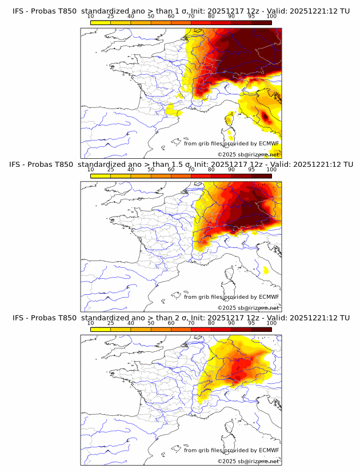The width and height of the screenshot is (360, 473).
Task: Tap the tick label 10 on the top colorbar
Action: pos(91,17)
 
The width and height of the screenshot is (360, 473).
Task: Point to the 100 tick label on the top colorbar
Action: pos(271,17)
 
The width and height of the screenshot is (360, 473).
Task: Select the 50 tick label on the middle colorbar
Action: pos(151,170)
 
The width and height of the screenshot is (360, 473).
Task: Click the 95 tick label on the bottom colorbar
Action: pos(251,323)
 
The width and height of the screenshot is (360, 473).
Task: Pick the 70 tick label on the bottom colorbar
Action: pos(191,323)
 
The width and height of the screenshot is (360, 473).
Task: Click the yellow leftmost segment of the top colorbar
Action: pos(101,22)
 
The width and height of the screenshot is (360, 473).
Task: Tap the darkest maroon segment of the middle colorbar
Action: pos(261,175)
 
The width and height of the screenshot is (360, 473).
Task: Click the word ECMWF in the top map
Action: pos(269,144)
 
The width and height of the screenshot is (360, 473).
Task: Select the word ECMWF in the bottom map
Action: pos(269,450)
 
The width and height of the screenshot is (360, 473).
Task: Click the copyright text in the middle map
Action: pos(249,307)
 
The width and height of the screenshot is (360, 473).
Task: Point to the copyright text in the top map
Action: pos(249,155)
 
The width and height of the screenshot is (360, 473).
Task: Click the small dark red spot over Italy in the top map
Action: pos(265,117)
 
